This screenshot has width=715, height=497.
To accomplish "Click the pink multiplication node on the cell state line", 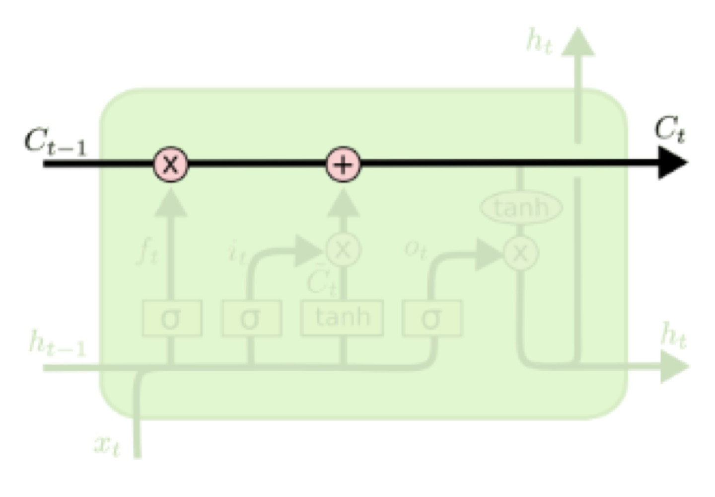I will click(170, 164).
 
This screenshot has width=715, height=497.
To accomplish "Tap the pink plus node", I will click(343, 165).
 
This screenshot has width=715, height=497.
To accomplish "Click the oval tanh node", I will click(521, 207).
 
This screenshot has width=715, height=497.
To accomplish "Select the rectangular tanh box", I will click(342, 317).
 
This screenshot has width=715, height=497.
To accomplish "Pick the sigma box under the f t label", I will click(172, 318).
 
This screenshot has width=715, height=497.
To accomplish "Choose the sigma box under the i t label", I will click(251, 318).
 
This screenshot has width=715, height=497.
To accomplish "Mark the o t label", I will click(415, 249).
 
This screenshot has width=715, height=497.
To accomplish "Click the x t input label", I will click(107, 444).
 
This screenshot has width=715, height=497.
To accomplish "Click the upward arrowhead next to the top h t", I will click(578, 42).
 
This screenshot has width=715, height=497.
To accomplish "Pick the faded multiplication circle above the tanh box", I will click(343, 249).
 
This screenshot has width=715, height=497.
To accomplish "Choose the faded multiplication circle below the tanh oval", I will click(520, 253).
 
